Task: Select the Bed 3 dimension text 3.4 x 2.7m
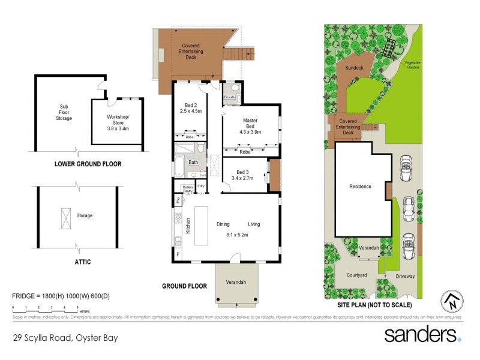[x=243, y=178]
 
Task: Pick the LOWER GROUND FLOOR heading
[x=88, y=163]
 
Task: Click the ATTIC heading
[x=82, y=262]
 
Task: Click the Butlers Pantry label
[x=187, y=188]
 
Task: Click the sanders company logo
[x=422, y=334]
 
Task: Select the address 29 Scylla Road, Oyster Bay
[x=65, y=338]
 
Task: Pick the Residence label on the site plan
[x=361, y=186]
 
